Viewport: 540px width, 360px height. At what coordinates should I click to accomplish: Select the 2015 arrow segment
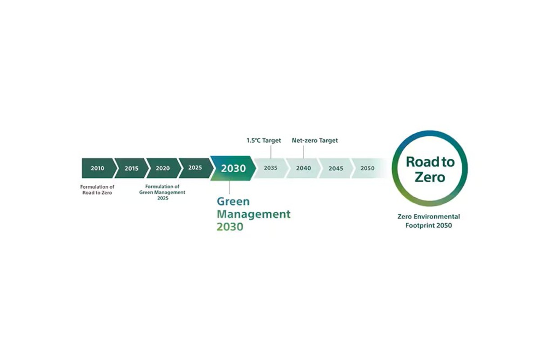click(x=131, y=168)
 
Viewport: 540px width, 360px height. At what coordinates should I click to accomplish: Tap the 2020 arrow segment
click(x=164, y=168)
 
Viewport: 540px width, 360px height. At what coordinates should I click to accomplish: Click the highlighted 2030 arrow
click(x=233, y=168)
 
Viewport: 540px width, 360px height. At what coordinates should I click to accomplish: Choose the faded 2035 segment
click(x=271, y=168)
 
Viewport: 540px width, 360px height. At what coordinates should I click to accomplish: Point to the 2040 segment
click(x=303, y=168)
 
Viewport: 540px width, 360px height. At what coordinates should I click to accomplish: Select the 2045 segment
click(x=336, y=168)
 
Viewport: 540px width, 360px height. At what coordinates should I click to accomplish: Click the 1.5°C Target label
click(x=264, y=140)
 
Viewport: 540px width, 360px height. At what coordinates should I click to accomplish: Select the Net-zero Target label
click(x=315, y=140)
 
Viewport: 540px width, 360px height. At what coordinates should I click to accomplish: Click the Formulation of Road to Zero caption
click(x=97, y=190)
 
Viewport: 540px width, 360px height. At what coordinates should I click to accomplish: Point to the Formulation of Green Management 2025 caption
click(x=162, y=192)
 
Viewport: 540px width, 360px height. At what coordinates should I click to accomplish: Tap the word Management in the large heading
click(x=254, y=214)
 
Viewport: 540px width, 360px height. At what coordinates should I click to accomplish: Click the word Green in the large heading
click(x=233, y=201)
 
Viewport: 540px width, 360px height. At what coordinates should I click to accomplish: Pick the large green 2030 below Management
click(x=230, y=227)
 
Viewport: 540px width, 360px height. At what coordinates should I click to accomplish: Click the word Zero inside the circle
click(x=430, y=177)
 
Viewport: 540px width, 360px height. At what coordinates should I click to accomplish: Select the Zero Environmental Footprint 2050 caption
click(x=428, y=221)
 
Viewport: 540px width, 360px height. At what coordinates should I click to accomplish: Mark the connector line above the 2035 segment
click(x=271, y=152)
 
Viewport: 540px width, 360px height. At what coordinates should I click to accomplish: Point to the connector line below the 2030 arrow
click(x=229, y=187)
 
